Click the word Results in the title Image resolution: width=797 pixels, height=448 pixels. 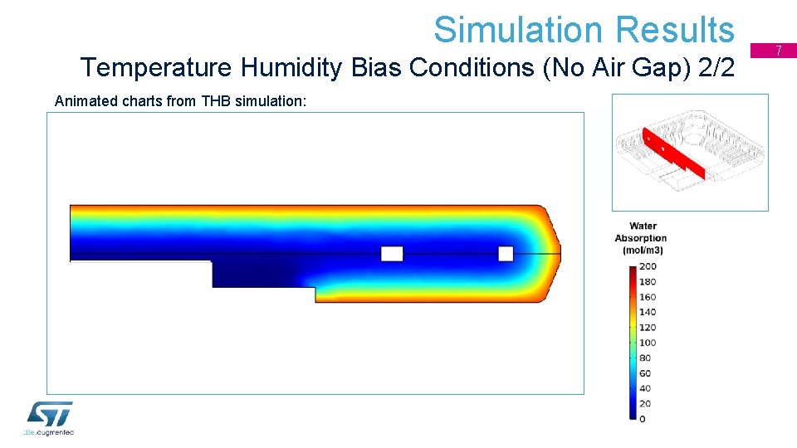675,30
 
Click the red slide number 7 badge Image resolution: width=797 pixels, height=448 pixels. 779,51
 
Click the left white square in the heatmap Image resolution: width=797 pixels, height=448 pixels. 392,253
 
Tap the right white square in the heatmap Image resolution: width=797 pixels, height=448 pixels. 506,253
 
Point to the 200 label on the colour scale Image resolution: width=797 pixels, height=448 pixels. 648,266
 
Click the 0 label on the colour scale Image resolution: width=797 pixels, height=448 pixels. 643,419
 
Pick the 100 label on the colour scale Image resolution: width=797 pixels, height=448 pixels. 648,343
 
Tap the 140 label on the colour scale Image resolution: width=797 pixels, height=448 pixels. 648,312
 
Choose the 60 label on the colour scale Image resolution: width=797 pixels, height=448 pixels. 645,373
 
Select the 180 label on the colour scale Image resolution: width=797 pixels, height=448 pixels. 648,281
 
